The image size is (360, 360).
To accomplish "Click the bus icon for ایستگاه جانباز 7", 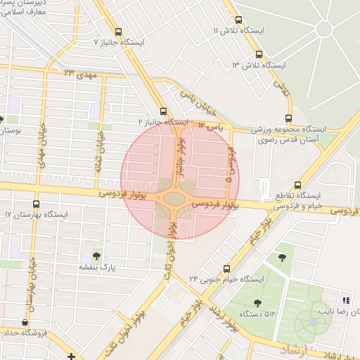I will tap(117, 32).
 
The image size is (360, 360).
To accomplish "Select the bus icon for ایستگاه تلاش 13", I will tap(259, 54).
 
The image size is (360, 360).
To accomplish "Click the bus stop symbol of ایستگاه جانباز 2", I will tap(163, 111).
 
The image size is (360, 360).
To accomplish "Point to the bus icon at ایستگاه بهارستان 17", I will tap(36, 204).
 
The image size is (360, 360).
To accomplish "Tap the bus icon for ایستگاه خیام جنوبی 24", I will tap(226, 269).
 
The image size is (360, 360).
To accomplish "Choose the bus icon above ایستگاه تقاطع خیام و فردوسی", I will tap(298, 185).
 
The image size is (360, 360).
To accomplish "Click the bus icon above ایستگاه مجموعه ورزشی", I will tap(288, 119).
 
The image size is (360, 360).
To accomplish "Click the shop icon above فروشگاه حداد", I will tap(25, 322).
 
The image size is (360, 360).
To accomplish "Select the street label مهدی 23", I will tap(78, 73).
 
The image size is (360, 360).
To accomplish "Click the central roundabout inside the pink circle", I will tap(173, 199).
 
